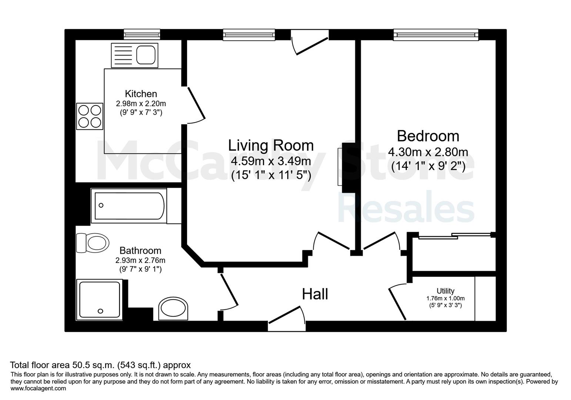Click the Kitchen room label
(141, 94)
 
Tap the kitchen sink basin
(146, 55)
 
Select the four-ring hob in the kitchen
(90, 116)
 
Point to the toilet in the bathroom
(93, 243)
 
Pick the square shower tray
(100, 300)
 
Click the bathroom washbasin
(173, 309)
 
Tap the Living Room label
(271, 145)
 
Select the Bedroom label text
(428, 136)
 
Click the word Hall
(315, 294)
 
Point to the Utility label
(445, 291)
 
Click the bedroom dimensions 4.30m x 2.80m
(428, 152)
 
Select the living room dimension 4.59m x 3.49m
(271, 161)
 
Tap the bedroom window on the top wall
(435, 35)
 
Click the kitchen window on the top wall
(142, 34)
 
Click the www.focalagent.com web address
(38, 389)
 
